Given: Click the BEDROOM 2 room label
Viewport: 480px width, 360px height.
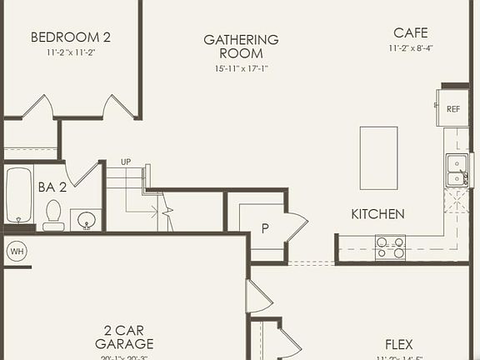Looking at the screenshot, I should pos(71,37).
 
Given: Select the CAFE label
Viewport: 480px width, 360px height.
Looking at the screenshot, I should pos(411,33).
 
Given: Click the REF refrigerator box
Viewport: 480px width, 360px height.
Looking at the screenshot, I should pos(452,108).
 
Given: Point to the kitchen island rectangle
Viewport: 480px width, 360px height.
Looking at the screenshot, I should pos(378,157).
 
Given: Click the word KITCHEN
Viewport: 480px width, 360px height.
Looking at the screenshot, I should pos(377,214).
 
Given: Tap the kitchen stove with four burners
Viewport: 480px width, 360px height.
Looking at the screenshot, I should pos(390,247).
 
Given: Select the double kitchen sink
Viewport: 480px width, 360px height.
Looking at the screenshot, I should pos(455,169).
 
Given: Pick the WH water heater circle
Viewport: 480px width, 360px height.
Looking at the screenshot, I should pos(17,250).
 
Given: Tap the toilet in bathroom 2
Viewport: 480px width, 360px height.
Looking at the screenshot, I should pos(53,214).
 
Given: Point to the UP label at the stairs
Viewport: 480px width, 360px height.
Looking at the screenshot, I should pos(126,162).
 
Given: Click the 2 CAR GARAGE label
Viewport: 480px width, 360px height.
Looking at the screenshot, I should pos(124,337).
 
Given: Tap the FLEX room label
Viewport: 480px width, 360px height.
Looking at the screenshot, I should pos(399,344).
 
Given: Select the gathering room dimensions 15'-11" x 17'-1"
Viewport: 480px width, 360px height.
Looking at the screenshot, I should pos(241,68).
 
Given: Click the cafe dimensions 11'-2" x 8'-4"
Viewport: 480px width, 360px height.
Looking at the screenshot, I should pos(411,48).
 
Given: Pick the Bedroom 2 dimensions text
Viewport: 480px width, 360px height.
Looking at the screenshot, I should pos(71,52).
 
